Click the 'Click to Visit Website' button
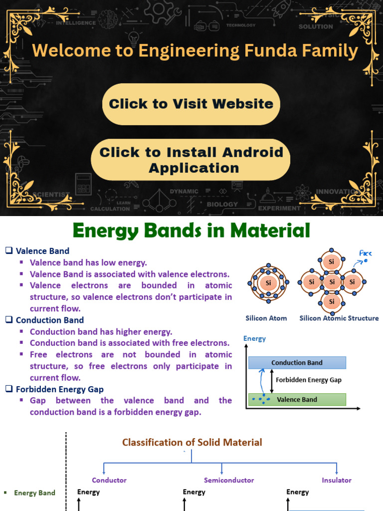coord(191,104)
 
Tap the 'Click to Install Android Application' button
coord(191,160)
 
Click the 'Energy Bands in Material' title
coord(191,231)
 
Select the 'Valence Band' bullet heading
coord(42,251)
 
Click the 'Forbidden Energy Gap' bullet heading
coord(60,389)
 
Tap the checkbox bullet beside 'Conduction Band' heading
coord(8,320)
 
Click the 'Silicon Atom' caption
coord(266,318)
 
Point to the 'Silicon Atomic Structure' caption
coord(339,318)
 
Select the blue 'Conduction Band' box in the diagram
coord(297,363)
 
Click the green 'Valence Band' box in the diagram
coord(297,399)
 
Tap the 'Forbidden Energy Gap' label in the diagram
coord(309,380)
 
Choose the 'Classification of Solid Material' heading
coord(192,442)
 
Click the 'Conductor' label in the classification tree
coord(109,480)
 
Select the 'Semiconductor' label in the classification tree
coord(229,480)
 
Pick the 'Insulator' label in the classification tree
coord(337,480)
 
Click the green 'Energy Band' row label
coord(34,493)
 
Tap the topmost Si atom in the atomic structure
coord(332,261)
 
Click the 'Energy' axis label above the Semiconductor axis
coord(194,492)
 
